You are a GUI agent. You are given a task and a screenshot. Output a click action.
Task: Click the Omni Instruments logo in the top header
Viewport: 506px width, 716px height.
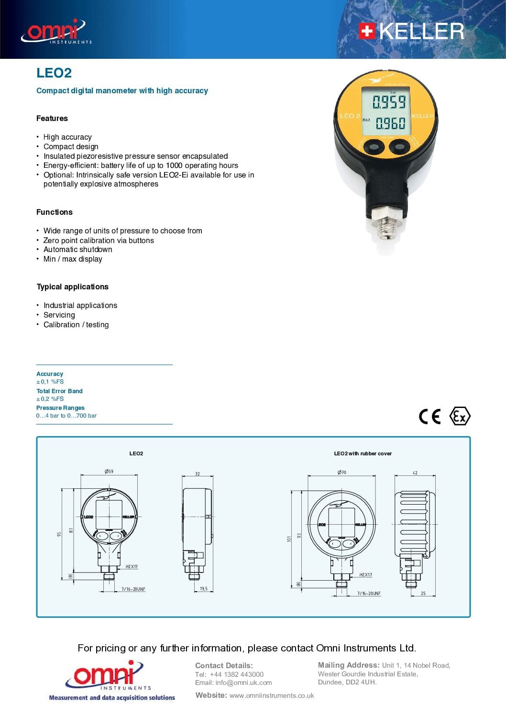coord(55,32)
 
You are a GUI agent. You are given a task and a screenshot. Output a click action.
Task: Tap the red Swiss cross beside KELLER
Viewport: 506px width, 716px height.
coord(366,31)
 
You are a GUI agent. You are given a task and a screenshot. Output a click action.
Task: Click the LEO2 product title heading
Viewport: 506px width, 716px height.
coord(54,73)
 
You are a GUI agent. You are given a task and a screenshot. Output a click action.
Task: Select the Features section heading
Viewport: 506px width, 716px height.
coord(52,118)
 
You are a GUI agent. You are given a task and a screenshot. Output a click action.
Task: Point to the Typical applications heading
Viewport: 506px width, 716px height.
coord(72,286)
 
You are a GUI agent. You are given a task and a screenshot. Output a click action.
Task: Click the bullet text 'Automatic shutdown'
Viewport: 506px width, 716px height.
coord(78,249)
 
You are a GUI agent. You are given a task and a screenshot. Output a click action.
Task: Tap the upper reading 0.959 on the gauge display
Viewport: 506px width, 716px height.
coord(389,102)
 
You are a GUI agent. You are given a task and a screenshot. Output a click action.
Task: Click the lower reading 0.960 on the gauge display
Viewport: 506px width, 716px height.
coord(390,123)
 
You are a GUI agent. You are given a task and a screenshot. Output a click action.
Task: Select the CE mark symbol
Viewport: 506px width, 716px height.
coord(429,416)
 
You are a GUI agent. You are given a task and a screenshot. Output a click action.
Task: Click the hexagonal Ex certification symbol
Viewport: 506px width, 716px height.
coord(460,416)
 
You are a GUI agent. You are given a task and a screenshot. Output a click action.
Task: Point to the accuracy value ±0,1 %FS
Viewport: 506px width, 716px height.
coord(50,382)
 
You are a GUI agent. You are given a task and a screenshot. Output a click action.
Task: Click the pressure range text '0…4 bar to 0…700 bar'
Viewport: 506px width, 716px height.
coord(66,416)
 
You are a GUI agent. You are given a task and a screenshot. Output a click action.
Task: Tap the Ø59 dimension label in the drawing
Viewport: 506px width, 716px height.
coord(109,471)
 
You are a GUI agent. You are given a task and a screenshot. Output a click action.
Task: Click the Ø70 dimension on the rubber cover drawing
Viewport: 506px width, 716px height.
coord(341,472)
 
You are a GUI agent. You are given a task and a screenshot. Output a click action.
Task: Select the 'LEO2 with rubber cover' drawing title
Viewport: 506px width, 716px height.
coord(363,453)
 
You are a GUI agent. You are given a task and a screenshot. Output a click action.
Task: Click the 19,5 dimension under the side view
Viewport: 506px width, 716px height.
coord(204,589)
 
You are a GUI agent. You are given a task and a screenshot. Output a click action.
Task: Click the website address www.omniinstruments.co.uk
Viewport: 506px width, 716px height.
coord(272,695)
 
